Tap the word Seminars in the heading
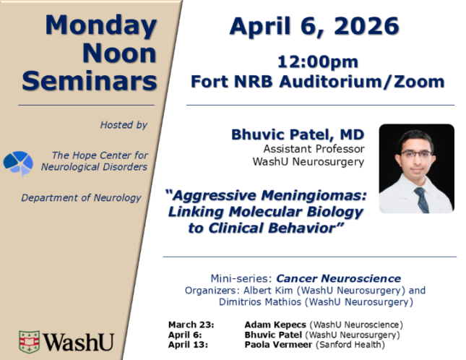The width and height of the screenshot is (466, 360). click(90, 81)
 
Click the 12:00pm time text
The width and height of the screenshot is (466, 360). click(318, 62)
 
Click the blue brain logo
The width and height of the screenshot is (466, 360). click(18, 163)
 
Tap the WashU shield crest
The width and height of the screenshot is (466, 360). click(29, 342)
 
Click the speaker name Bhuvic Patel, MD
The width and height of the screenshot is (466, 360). click(298, 134)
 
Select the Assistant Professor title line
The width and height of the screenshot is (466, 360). click(314, 149)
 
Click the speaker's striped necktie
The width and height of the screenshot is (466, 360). click(422, 200)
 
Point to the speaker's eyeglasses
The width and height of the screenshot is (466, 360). click(415, 154)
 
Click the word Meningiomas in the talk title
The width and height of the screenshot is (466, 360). click(314, 196)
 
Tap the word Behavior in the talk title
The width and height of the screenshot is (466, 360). click(306, 228)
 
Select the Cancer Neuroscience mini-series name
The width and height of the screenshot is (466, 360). click(339, 278)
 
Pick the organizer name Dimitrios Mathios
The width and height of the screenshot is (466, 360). click(260, 302)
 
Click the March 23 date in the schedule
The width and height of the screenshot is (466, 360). click(191, 325)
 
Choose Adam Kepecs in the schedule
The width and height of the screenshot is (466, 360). click(275, 325)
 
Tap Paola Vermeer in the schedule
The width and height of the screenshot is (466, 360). click(278, 345)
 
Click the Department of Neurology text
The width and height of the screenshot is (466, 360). click(81, 198)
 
